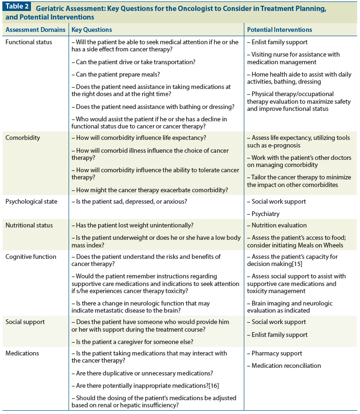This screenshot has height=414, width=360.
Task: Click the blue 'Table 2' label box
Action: (x=17, y=6)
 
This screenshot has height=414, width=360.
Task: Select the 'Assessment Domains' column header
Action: (x=36, y=30)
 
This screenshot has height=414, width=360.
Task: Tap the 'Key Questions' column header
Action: (x=92, y=30)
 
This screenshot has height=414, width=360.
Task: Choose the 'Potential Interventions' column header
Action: (x=280, y=30)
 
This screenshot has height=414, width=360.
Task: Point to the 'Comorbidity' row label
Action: (x=23, y=138)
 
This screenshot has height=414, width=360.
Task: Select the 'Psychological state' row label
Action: (x=31, y=201)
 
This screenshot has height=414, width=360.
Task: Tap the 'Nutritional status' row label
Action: (x=29, y=225)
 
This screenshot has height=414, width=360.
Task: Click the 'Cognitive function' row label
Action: (x=31, y=256)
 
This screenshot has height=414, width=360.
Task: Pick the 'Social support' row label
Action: (x=25, y=322)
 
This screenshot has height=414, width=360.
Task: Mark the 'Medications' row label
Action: (x=22, y=353)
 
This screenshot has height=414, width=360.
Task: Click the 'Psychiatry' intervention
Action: (x=266, y=214)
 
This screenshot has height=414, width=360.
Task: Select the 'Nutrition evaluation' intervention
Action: (x=280, y=225)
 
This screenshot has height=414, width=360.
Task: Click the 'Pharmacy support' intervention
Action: (x=277, y=353)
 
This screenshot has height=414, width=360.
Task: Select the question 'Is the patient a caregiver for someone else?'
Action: (x=132, y=342)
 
